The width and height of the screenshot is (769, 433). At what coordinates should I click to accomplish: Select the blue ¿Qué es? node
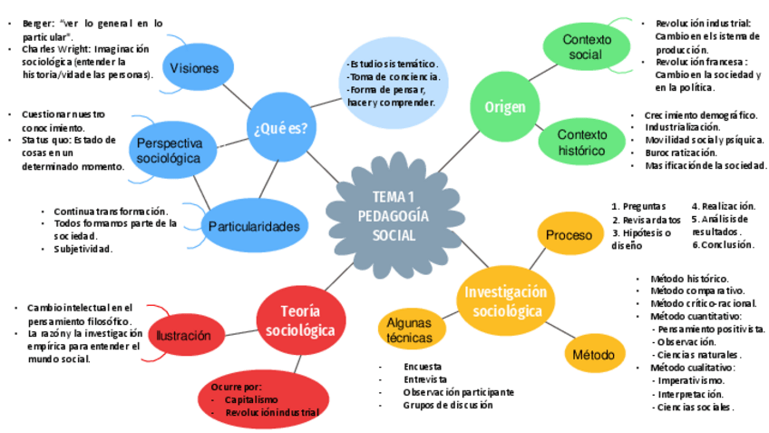(282, 127)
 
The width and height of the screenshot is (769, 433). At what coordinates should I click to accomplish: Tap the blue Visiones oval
(195, 68)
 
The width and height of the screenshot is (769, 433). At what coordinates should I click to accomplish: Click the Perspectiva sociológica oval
(170, 151)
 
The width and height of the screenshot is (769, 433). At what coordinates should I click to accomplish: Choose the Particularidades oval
(253, 226)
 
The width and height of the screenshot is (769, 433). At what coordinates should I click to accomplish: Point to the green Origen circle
(504, 107)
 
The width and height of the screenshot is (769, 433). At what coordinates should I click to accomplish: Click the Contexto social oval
(581, 46)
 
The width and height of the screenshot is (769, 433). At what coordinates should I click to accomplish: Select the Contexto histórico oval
(581, 143)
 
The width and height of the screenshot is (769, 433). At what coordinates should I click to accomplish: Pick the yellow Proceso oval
(569, 235)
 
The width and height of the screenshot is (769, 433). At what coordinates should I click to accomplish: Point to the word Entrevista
(426, 379)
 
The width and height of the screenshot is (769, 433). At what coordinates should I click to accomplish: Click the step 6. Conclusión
(723, 245)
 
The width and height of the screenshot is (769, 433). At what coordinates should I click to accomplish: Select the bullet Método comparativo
(697, 290)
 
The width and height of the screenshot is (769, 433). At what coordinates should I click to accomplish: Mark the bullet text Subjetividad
(83, 249)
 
